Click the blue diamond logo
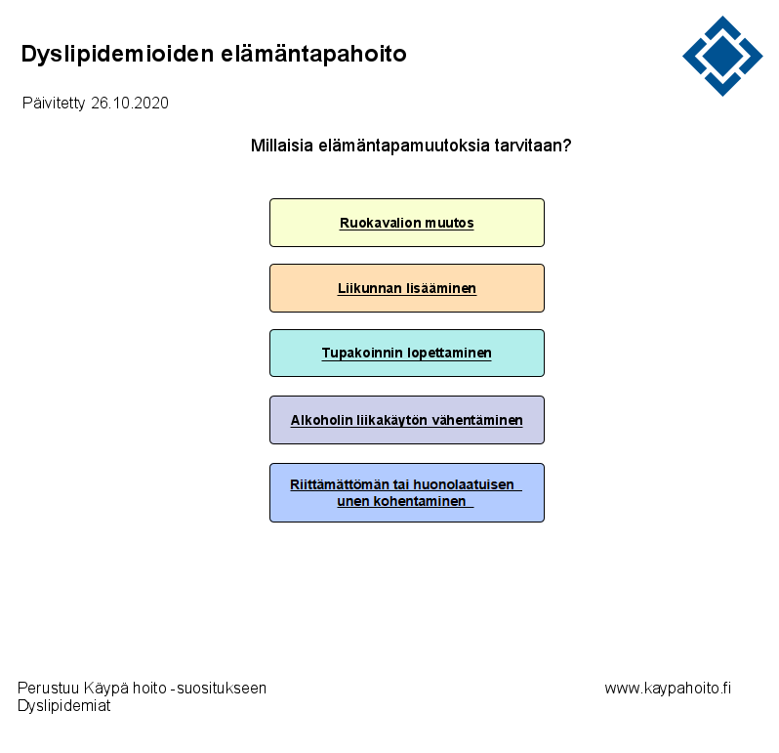click(722, 56)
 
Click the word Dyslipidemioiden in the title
click(117, 55)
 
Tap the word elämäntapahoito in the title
click(313, 53)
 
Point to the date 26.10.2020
click(130, 103)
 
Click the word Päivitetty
click(54, 104)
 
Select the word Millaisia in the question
click(282, 146)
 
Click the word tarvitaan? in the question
click(533, 146)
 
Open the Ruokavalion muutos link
click(406, 224)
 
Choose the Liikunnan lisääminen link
click(407, 288)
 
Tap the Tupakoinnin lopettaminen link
click(406, 353)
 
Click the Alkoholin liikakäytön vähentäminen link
click(406, 421)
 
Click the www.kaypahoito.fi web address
click(668, 689)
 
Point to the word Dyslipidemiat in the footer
click(64, 706)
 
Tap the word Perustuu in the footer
click(48, 689)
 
